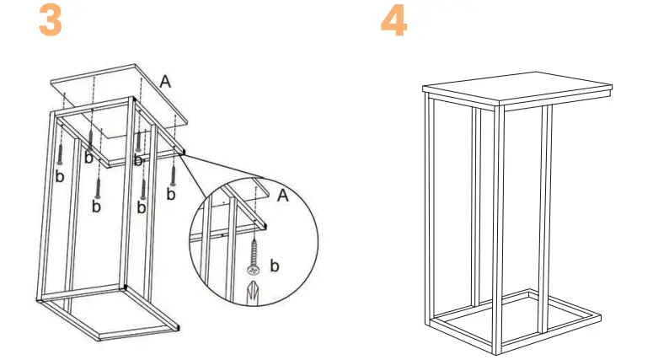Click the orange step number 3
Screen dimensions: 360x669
coord(51,21)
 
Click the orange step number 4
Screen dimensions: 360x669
coord(393,21)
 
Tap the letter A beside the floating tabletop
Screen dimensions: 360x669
coord(166,82)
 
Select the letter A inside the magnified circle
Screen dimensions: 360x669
coord(283,196)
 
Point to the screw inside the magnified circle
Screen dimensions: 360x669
coord(254,257)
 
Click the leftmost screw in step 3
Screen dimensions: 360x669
coord(61,153)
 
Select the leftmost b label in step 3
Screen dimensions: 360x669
coord(59,176)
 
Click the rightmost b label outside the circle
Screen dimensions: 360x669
coord(171,195)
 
